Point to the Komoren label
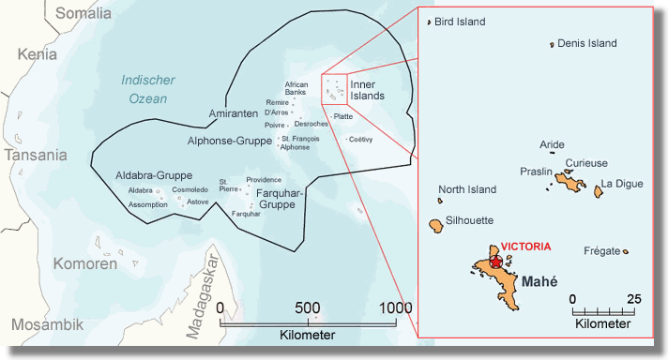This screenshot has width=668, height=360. (x=85, y=263)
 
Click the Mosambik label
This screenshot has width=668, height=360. (x=48, y=324)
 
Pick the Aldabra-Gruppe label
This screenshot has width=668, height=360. (x=155, y=175)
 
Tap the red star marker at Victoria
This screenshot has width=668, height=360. (x=496, y=263)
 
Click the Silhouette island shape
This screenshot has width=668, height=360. (x=436, y=226)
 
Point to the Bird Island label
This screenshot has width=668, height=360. (x=463, y=22)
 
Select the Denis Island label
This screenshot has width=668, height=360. (x=586, y=43)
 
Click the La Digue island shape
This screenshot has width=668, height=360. (x=598, y=191)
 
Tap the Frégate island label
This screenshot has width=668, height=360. (x=602, y=251)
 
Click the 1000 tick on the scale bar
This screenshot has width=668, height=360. (x=396, y=320)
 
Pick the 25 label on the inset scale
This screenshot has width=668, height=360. (x=633, y=299)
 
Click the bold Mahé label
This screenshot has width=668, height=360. (x=539, y=281)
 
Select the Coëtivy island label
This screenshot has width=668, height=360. (x=360, y=140)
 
